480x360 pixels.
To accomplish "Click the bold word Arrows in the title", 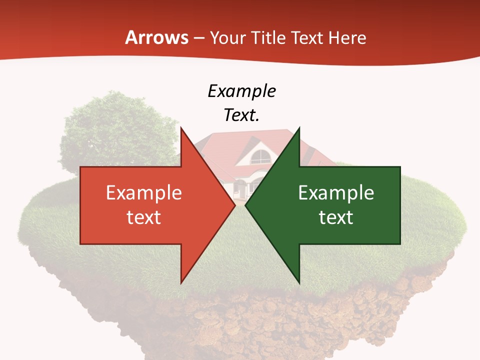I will [x=156, y=37].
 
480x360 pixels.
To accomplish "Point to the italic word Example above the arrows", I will [x=241, y=91].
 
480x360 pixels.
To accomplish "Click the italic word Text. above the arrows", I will [x=241, y=115].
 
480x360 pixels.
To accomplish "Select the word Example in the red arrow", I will [x=143, y=192].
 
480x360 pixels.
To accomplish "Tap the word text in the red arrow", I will [x=143, y=217].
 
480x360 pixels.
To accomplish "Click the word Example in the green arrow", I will [x=336, y=192].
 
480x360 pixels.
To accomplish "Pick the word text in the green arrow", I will [x=336, y=217].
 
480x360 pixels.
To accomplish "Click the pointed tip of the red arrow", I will [x=235, y=205].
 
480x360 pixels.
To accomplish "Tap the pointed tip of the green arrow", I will [x=245, y=205].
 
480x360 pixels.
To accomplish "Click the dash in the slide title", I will [x=198, y=38].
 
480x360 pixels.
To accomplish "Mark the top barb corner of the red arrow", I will [x=181, y=128].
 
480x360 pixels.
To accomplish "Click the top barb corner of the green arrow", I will [x=299, y=128].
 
